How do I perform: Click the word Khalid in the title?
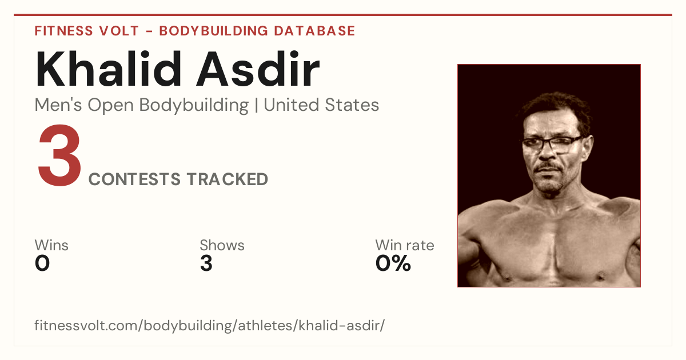(109, 69)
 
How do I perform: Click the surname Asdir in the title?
(258, 69)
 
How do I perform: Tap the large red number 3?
(59, 155)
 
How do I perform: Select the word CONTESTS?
(134, 179)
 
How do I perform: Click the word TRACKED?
(228, 179)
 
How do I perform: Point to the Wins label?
(51, 245)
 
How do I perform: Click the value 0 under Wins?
(42, 263)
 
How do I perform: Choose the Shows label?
(222, 245)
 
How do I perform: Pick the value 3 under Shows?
(206, 263)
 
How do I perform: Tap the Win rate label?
(405, 245)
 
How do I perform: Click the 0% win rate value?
(393, 263)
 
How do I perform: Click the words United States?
(321, 105)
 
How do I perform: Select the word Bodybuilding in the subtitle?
(194, 106)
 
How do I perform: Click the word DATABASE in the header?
(314, 31)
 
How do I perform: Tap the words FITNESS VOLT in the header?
(87, 31)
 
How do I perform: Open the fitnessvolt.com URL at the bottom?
(209, 325)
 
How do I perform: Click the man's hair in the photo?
(556, 107)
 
